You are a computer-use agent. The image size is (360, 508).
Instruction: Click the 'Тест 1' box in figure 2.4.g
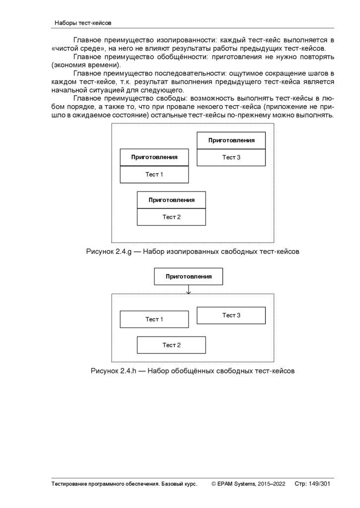154,175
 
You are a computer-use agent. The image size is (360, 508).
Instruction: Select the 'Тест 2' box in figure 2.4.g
171,217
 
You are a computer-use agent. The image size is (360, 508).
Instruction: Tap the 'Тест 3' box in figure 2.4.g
231,157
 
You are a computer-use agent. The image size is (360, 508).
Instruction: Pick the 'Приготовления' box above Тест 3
231,140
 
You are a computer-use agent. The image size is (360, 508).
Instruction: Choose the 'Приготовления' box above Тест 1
154,157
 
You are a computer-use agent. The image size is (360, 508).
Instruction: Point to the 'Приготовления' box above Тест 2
171,200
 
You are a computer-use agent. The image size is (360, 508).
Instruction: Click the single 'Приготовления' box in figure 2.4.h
188,276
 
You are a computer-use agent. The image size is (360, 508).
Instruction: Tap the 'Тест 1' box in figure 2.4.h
154,319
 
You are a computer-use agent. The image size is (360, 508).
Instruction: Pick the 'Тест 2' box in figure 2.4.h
171,345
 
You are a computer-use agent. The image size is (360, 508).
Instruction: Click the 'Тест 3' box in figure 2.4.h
231,315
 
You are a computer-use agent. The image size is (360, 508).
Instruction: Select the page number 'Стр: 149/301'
312,484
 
